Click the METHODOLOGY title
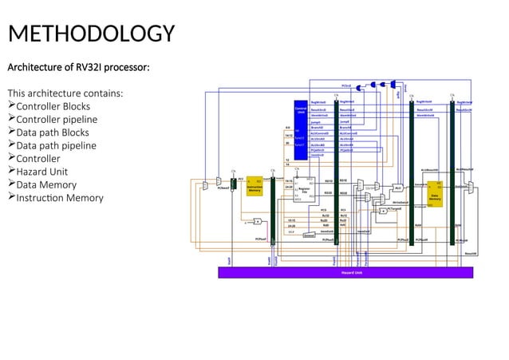pyautogui.click(x=90, y=34)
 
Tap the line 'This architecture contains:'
pyautogui.click(x=65, y=93)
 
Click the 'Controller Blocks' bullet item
pyautogui.click(x=53, y=106)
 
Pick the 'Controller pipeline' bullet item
pyautogui.click(x=57, y=120)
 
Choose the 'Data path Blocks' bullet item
pyautogui.click(x=53, y=133)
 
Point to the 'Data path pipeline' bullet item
pyautogui.click(x=57, y=145)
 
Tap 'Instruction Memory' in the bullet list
pyautogui.click(x=60, y=198)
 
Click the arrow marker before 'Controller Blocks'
pyautogui.click(x=11, y=106)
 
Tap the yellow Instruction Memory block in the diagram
pyautogui.click(x=254, y=186)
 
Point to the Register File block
pyautogui.click(x=304, y=189)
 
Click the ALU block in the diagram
pyautogui.click(x=397, y=188)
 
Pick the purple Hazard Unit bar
pyautogui.click(x=345, y=272)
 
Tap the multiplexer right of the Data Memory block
pyautogui.click(x=471, y=187)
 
